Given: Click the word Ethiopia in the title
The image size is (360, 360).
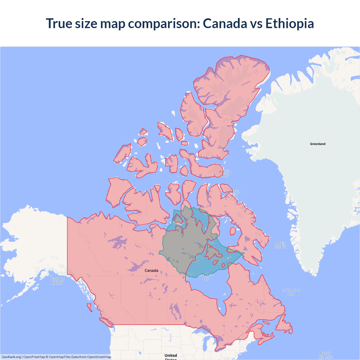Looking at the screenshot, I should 289,23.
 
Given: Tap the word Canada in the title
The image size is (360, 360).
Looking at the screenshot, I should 225,23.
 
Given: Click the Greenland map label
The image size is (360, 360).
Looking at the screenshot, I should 318,144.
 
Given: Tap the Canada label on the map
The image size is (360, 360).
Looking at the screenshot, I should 151,271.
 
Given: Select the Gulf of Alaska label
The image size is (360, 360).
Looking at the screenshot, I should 57,281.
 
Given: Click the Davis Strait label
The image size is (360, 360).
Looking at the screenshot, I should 280,245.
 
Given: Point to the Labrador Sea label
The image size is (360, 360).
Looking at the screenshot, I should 291,292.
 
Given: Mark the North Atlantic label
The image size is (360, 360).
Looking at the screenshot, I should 325,355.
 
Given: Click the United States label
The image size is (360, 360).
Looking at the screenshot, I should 171,356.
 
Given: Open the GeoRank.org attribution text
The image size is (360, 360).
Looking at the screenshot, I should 11,357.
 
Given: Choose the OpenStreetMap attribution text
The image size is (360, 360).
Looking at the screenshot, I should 99,357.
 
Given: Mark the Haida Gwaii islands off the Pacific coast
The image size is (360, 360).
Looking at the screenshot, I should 89,307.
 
